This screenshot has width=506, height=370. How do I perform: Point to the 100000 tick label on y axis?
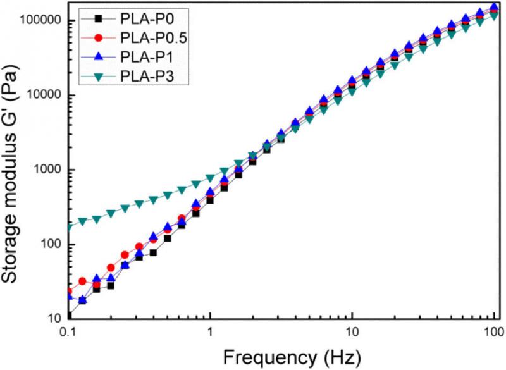point(39,20)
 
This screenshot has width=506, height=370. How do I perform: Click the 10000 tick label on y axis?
point(42,95)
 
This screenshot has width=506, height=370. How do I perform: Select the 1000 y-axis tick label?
point(46,170)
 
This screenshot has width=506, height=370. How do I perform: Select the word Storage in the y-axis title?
point(14,252)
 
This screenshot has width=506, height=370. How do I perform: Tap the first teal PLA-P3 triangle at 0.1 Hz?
point(68,226)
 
